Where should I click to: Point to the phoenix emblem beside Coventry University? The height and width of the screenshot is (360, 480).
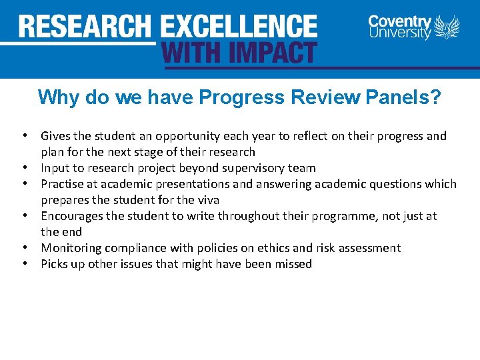pos(447,28)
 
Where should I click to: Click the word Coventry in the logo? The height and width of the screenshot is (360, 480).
pos(399,21)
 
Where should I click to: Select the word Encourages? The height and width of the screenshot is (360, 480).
pos(73,216)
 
